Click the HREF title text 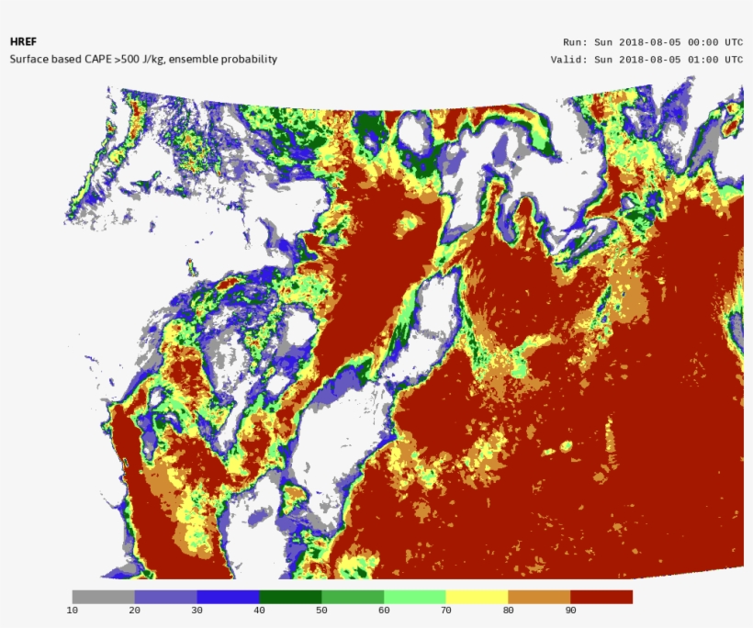click(x=21, y=42)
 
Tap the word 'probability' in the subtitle click(x=248, y=60)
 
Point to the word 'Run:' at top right click(x=575, y=42)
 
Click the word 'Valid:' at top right click(x=568, y=60)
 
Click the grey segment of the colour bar click(x=103, y=597)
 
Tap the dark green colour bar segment click(x=290, y=597)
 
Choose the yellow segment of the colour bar click(x=477, y=597)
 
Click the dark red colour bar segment click(x=601, y=597)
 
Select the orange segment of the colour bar click(x=539, y=597)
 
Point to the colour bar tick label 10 click(x=72, y=611)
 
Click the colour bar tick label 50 click(x=321, y=611)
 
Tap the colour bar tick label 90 click(x=570, y=611)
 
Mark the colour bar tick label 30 click(x=197, y=611)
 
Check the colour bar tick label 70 click(x=445, y=611)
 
